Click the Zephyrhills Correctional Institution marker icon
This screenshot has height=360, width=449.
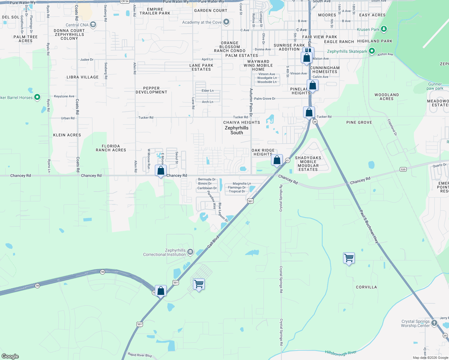point(190,252)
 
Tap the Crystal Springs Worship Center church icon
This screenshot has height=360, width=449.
point(434,323)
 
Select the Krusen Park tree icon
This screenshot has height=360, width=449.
point(384,29)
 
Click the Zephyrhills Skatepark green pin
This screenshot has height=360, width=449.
point(372,51)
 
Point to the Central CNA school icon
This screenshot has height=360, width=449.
point(93,25)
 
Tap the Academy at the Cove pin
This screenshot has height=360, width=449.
point(226,22)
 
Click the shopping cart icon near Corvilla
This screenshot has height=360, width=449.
point(349,258)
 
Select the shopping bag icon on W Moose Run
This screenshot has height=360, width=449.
point(161,171)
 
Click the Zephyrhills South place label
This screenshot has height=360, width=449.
point(237,130)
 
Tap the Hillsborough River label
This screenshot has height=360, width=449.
point(341,353)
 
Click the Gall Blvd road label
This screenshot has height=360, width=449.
point(213,242)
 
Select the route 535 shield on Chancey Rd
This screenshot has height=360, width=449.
point(403,169)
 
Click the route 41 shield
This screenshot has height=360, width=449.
point(288,160)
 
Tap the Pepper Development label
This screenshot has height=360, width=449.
point(151,90)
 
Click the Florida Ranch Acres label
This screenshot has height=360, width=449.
point(111,148)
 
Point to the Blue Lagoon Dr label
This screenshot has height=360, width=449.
point(223,212)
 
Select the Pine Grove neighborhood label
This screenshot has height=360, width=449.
point(359,122)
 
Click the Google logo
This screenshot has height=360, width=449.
point(10,356)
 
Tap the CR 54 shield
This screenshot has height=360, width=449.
point(125,1)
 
